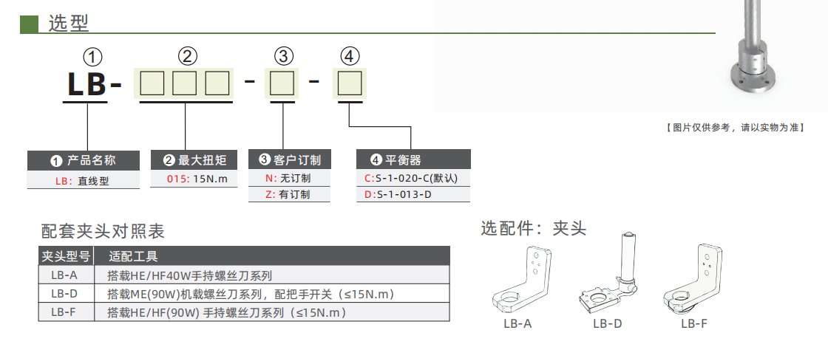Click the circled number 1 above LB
[x=92, y=57]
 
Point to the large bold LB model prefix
[x=87, y=83]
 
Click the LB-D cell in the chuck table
[x=64, y=294]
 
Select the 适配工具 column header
[x=133, y=257]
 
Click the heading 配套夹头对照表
[x=103, y=232]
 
